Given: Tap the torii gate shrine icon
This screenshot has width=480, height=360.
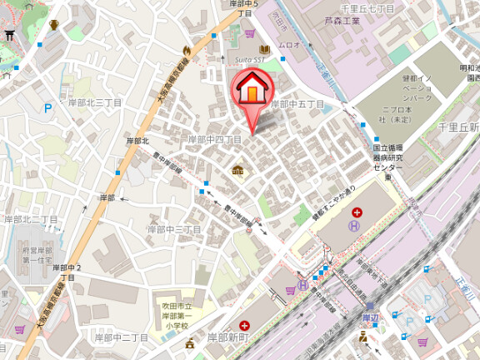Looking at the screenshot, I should tap(10, 34).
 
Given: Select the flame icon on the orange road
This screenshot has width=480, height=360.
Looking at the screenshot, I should tap(187, 51).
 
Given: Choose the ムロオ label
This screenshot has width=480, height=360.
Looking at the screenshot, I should tap(289, 44).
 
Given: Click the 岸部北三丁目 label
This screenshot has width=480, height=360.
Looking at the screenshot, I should tap(95, 102).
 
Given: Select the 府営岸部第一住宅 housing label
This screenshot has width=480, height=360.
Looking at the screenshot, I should tap(37, 255).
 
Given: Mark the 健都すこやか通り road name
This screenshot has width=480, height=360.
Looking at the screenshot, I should tap(333, 200).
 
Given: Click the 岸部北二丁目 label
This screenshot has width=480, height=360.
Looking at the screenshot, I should tap(31, 219).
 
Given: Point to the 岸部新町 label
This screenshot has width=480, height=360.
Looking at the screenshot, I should tap(227, 337).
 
